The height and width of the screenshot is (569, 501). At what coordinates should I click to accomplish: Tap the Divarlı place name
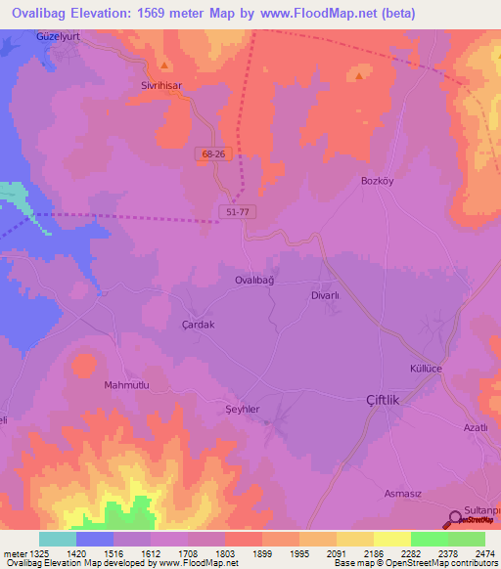324,294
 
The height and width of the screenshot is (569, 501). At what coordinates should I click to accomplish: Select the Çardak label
199,325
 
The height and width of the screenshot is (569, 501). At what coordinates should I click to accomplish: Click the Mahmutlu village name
126,385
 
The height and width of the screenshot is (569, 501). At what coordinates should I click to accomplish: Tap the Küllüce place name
427,368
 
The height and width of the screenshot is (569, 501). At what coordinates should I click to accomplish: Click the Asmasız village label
403,494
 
